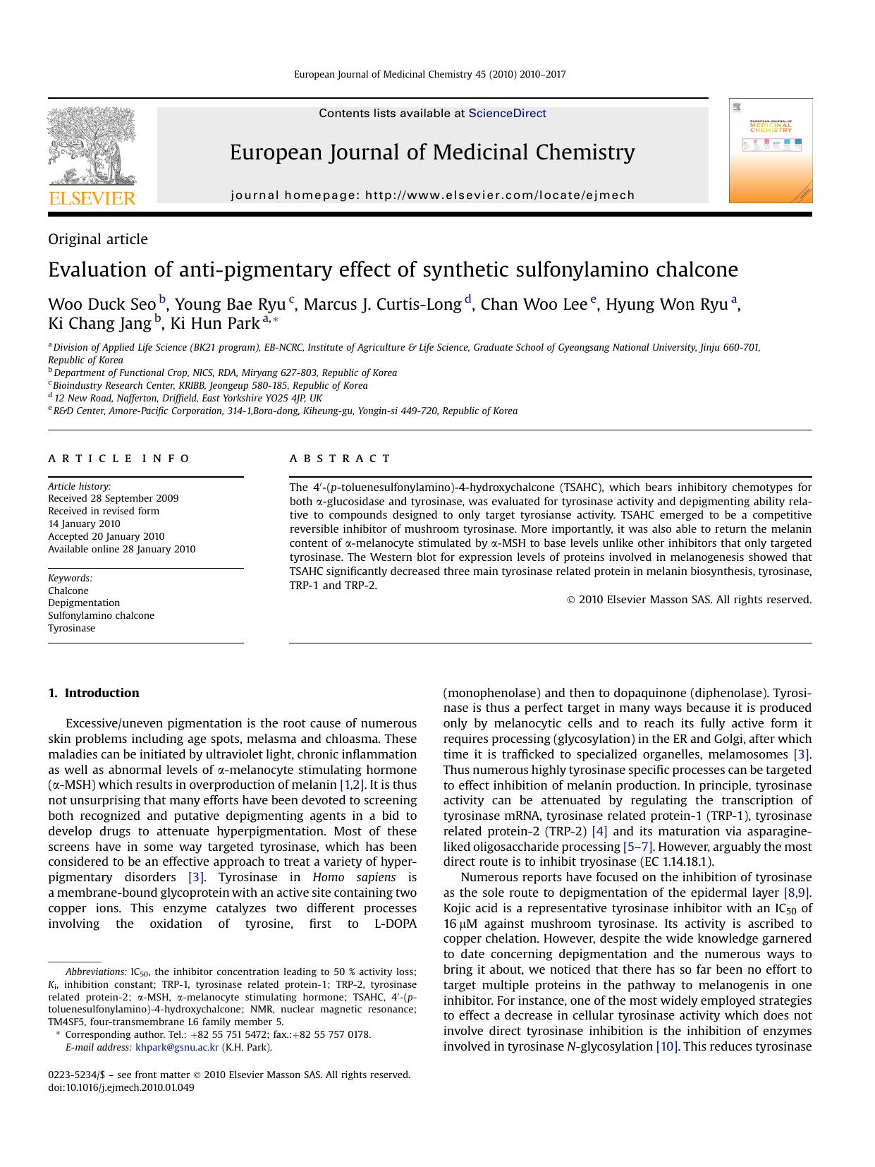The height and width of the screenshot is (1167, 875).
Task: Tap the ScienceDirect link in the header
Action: (507, 113)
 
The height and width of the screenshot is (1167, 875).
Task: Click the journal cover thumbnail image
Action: (770, 151)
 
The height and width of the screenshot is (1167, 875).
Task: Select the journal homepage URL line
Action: (432, 195)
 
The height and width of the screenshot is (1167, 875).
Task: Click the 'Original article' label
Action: (98, 239)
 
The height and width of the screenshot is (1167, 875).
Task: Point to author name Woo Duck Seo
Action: (102, 304)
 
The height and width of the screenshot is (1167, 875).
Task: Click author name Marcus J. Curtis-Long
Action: (382, 304)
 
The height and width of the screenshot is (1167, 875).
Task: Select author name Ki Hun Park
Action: (215, 323)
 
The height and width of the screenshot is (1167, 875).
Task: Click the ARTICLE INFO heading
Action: (119, 459)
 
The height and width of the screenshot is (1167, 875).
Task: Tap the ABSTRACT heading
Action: (340, 459)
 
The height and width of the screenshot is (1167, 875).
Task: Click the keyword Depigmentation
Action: (84, 603)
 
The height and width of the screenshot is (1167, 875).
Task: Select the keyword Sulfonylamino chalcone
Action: (101, 615)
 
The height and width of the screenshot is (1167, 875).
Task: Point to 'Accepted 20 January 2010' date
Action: (106, 536)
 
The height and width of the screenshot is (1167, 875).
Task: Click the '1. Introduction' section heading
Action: (94, 693)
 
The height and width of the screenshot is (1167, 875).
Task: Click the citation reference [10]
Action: (666, 1046)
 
